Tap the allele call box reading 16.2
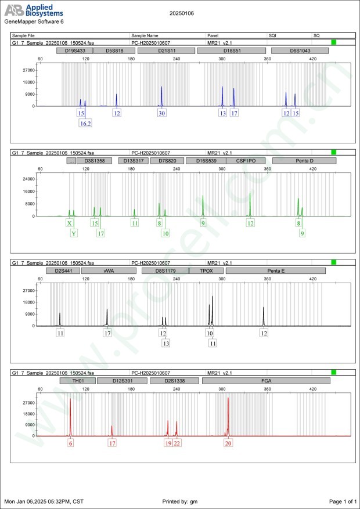(x=85, y=123)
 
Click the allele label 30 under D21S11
(x=161, y=113)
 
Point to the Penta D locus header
(x=300, y=160)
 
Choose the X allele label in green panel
(x=70, y=223)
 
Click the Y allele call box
(x=74, y=233)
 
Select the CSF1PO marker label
(x=246, y=160)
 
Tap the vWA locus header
(x=109, y=270)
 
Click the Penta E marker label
(x=276, y=270)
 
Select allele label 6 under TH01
(x=71, y=443)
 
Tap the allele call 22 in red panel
(x=177, y=443)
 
